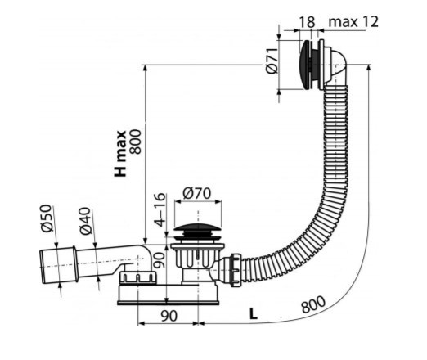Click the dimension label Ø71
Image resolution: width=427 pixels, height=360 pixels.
[272, 61]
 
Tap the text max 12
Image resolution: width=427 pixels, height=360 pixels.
[353, 21]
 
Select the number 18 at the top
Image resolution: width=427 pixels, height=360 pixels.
[308, 22]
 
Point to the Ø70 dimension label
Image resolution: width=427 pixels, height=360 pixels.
[197, 193]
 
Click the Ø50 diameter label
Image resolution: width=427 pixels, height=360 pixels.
[47, 218]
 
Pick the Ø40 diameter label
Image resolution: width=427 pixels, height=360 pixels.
[85, 221]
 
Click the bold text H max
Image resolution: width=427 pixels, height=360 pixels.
[120, 154]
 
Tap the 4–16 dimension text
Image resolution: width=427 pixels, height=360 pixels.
[160, 209]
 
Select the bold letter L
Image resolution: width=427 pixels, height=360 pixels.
[254, 313]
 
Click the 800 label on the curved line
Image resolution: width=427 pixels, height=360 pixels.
[313, 304]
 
